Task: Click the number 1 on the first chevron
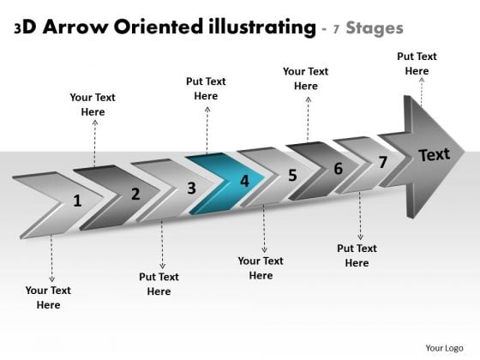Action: coord(77,201)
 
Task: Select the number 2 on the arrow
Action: coord(135,194)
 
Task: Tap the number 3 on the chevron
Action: coord(191,188)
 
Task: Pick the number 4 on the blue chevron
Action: coord(244,181)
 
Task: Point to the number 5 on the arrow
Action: coord(292,175)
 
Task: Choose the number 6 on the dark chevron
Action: coord(339,168)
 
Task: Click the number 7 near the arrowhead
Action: coord(382,162)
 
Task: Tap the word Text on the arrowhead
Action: coord(435,154)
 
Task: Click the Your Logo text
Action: coord(444,348)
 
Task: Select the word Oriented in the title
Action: coord(159,27)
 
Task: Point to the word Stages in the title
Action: coord(375,28)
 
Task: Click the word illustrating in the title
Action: coord(262,27)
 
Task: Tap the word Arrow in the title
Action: coord(75,27)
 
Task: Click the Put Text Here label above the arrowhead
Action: coord(417,63)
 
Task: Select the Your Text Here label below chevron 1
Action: coord(48,297)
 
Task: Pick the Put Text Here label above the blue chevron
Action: coord(206,89)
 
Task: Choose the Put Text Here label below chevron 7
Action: coord(357,255)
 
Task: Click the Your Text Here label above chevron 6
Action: coord(305,79)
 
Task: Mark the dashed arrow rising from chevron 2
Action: coord(95,143)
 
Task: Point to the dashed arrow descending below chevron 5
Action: coord(264,228)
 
